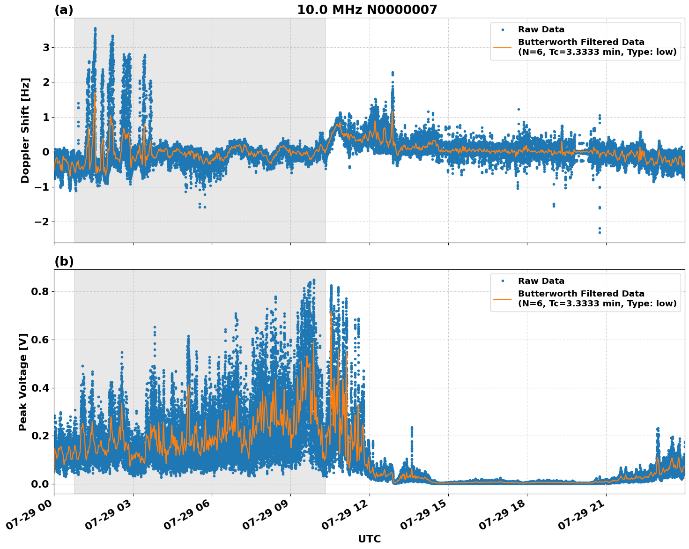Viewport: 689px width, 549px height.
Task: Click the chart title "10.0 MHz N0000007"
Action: (367, 10)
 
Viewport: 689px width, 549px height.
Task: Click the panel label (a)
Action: (64, 10)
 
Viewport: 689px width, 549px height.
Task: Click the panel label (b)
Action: (64, 261)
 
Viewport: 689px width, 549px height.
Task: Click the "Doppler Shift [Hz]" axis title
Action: (25, 130)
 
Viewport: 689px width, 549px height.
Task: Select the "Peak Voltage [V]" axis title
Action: (23, 382)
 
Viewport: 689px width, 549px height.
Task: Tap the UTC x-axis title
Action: (369, 539)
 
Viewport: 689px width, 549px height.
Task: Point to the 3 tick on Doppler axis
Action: (46, 47)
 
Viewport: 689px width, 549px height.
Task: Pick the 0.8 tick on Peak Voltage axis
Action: (40, 291)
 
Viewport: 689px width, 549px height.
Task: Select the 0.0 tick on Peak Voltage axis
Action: (40, 484)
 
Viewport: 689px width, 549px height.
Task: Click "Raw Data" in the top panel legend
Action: (541, 30)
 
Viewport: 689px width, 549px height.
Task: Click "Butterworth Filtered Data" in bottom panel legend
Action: (581, 294)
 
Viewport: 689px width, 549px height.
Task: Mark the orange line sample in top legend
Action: (503, 47)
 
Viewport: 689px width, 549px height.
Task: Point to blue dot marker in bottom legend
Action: (503, 281)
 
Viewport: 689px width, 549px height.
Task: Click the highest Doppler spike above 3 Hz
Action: (95, 29)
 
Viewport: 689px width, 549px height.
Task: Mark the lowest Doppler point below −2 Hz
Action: (600, 232)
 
